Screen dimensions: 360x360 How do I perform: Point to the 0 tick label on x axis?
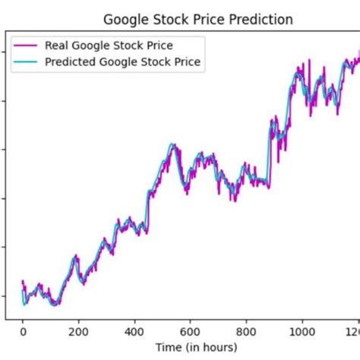[23, 332]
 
